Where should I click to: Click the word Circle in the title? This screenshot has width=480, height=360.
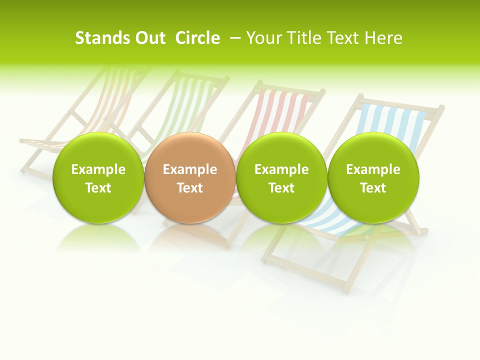(197, 38)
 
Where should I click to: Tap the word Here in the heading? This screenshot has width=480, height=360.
(383, 38)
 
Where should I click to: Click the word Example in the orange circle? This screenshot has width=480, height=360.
(190, 169)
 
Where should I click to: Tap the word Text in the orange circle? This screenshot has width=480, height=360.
(190, 188)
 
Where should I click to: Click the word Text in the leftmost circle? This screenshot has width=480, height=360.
(98, 188)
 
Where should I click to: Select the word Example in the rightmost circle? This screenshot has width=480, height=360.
(373, 169)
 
